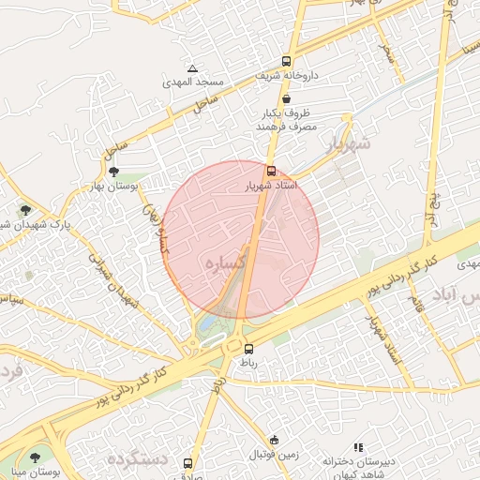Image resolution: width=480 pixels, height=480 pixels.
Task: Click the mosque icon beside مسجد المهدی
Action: [x=192, y=68]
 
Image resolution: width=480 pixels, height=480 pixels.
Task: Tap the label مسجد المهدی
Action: [x=191, y=82]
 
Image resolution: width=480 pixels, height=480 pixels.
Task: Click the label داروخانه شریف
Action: [x=291, y=75]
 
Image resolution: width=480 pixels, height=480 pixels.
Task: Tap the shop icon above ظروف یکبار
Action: [x=286, y=97]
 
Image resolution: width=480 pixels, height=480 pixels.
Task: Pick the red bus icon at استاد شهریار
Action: [x=271, y=172]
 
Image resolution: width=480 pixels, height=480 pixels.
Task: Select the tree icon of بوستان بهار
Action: [x=113, y=172]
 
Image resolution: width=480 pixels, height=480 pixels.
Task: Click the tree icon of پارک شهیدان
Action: [x=25, y=210]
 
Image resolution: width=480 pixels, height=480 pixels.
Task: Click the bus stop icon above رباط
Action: [x=247, y=349]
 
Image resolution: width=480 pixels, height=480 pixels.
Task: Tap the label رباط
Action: [x=248, y=364]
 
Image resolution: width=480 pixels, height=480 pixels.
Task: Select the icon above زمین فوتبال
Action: [x=274, y=440]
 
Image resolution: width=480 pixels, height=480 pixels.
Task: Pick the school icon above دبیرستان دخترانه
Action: [x=357, y=448]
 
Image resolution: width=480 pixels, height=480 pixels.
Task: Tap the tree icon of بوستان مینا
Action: [x=35, y=457]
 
